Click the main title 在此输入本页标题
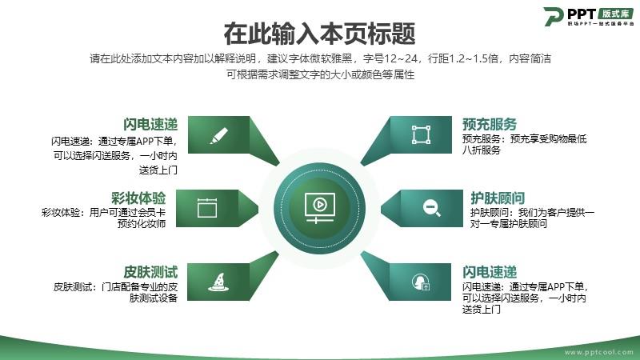(319, 34)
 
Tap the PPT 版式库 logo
(588, 17)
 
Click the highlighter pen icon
(218, 135)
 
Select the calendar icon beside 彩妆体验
(207, 208)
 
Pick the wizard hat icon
(218, 282)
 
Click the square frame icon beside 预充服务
(421, 134)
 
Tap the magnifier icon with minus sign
(431, 208)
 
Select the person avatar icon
(421, 282)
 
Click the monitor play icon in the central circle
(319, 208)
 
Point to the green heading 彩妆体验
(138, 198)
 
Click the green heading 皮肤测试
(150, 272)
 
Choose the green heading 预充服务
(490, 124)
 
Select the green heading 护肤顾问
(498, 198)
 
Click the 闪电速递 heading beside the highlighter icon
(150, 124)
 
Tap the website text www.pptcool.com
(598, 352)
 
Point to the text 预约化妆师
(142, 224)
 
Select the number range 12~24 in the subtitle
(401, 58)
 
